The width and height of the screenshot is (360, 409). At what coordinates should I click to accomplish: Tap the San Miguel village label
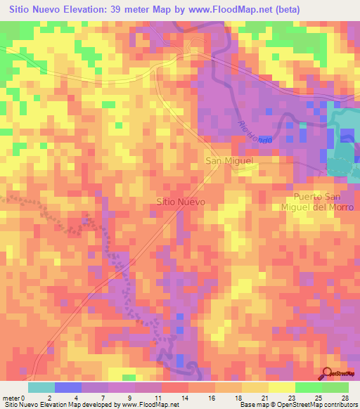coord(229,161)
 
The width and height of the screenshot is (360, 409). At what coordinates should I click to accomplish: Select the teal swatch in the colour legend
coord(41,387)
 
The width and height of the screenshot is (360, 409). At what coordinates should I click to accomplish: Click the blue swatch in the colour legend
coord(67,387)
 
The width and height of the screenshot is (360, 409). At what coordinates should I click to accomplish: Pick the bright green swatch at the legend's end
coord(335,387)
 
